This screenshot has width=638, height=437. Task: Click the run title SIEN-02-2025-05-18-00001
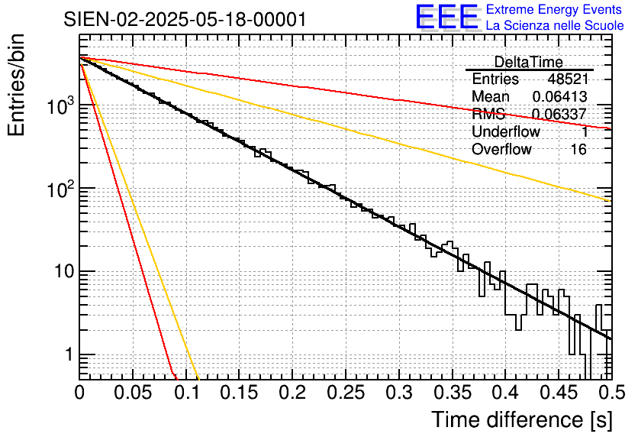[x=185, y=19]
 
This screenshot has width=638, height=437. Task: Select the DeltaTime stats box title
[x=529, y=62]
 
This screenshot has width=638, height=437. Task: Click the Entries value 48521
[x=567, y=79]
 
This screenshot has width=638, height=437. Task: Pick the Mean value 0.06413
[x=559, y=96]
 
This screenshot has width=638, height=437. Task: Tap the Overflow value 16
[x=578, y=149]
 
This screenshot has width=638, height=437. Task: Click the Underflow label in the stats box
[x=506, y=131]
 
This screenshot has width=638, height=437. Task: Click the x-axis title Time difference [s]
[x=520, y=419]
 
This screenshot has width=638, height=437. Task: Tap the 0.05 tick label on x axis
[x=133, y=393]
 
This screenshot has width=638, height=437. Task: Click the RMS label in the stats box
[x=488, y=114]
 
